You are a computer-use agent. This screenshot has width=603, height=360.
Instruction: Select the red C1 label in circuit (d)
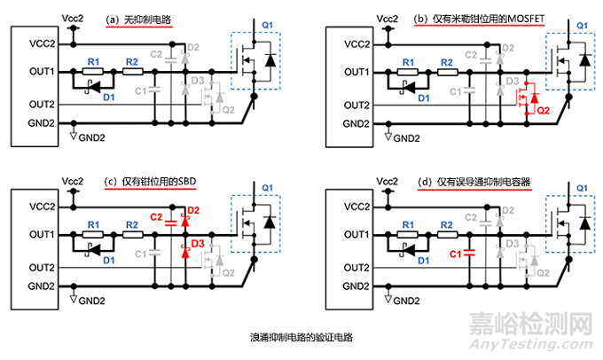[x=458, y=254]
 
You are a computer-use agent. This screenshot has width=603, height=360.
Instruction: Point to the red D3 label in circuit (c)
[x=197, y=243]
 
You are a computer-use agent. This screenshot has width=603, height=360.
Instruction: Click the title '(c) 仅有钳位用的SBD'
[x=150, y=183]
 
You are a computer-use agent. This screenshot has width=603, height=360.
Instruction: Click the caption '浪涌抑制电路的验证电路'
[x=301, y=338]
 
